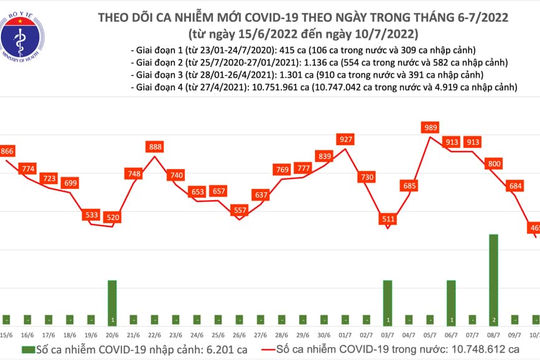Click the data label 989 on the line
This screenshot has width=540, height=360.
(x=431, y=129)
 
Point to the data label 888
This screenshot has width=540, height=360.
(x=155, y=147)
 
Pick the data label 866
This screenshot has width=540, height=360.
(x=10, y=150)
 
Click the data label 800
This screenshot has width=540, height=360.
(x=493, y=162)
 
